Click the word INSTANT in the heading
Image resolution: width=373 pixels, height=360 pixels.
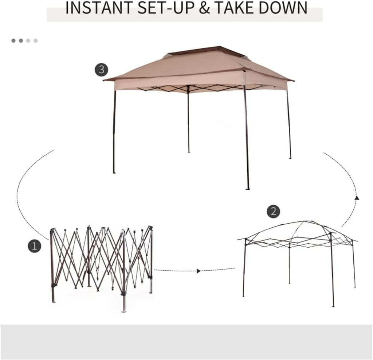[x=95, y=8]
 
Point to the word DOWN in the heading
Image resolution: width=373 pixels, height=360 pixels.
[x=285, y=8]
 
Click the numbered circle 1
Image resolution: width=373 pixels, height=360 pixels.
[x=35, y=246]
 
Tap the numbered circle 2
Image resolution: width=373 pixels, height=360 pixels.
[x=273, y=211]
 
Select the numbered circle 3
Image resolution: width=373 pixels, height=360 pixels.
[x=101, y=69]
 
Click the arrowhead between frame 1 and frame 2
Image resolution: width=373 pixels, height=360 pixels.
[x=199, y=271]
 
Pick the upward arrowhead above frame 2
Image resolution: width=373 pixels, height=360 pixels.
[x=357, y=198]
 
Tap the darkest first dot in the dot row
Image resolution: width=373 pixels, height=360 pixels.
[x=13, y=40]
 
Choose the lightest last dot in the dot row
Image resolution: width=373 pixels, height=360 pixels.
[x=36, y=40]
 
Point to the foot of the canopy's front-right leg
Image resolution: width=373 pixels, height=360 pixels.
[x=248, y=188]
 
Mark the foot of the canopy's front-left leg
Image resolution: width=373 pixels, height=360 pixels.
[x=114, y=172]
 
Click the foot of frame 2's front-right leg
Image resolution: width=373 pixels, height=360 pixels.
[x=333, y=305]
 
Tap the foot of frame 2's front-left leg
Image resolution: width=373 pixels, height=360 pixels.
[x=244, y=295]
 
